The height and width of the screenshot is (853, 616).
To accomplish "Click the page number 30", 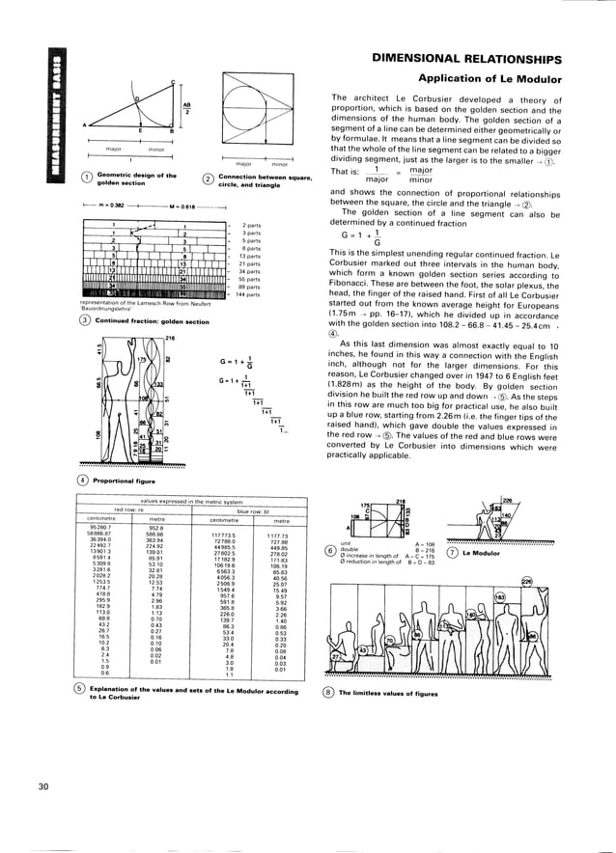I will pyautogui.click(x=43, y=787).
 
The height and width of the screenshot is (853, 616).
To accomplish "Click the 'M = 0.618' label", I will pyautogui.click(x=183, y=206).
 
